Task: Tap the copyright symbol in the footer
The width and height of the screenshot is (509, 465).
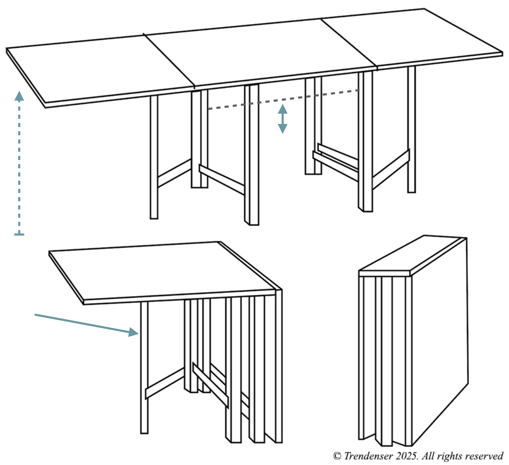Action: click(337, 456)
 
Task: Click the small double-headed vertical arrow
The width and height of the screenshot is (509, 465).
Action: click(282, 119)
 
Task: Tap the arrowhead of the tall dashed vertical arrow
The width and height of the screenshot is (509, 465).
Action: click(19, 96)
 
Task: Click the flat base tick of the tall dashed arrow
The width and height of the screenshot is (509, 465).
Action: click(19, 235)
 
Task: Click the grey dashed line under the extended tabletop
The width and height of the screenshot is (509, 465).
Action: click(283, 100)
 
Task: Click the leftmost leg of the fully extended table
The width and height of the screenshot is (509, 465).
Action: click(154, 157)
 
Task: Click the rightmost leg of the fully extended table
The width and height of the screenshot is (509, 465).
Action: click(411, 129)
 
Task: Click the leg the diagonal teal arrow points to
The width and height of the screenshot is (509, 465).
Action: click(144, 367)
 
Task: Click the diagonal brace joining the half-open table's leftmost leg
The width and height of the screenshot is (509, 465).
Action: click(165, 383)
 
